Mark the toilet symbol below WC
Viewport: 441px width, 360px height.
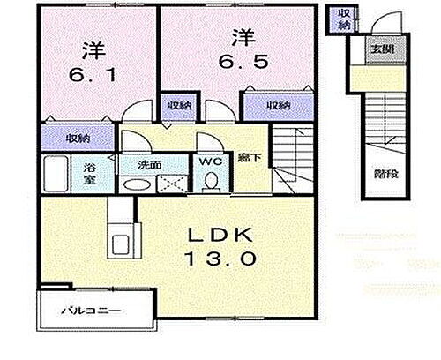tap(211, 180)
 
